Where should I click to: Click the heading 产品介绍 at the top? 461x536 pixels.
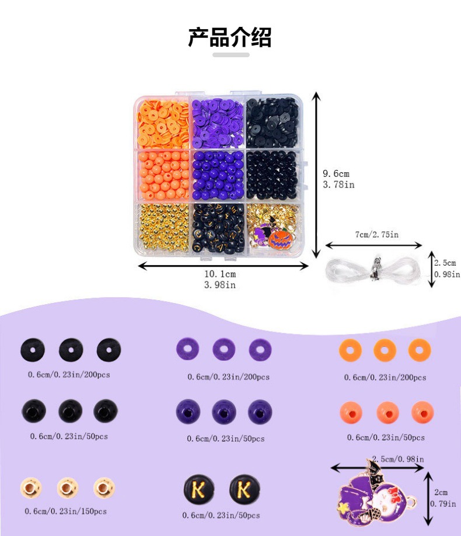pos(229,37)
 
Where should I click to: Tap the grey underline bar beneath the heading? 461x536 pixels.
pos(230,55)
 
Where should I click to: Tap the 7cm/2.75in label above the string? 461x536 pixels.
pos(373,234)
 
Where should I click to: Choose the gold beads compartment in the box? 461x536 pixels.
pos(164,228)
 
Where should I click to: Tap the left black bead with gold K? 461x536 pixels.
pos(199,490)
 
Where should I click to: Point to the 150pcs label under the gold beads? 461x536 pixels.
pos(65,511)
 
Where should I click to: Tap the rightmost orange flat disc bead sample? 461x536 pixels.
pos(420,350)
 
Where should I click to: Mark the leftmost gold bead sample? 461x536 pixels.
pos(30,488)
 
